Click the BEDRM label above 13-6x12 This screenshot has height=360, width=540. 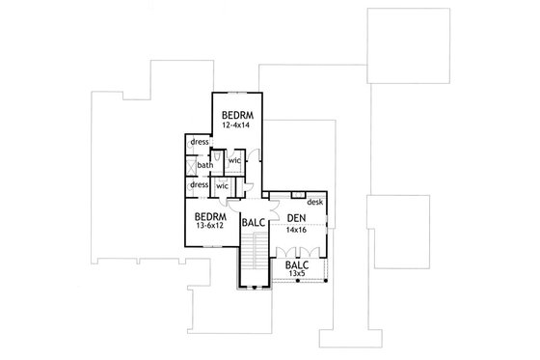point(209,216)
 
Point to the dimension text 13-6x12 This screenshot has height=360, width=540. point(209,227)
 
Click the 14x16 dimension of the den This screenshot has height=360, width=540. point(297,232)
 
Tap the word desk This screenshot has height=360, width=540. point(314,202)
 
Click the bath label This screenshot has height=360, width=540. point(204,164)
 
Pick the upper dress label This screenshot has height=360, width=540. point(200,142)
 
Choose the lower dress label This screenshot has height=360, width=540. point(200,184)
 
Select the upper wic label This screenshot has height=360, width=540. point(234,160)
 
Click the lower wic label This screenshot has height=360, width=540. point(222,184)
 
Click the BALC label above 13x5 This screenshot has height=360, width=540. point(298,263)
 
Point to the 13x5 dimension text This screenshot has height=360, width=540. point(298,274)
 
